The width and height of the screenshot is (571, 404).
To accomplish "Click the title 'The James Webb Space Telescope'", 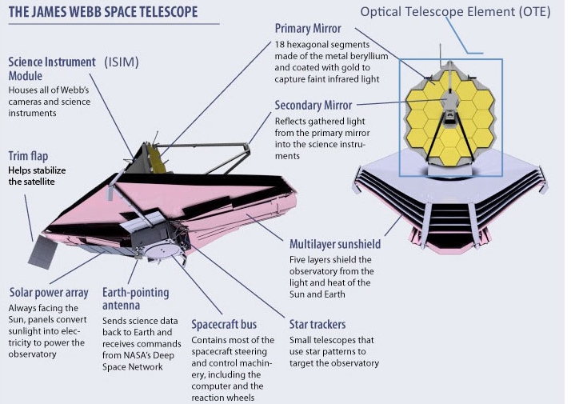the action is pos(103,12).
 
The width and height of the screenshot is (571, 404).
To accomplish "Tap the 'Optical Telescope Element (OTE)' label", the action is pos(455,12).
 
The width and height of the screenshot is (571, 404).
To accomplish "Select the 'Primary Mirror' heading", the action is pos(308,29).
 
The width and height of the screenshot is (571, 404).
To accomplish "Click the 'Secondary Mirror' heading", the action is pos(313,106).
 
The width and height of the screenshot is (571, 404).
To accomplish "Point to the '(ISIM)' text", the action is pos(122,62).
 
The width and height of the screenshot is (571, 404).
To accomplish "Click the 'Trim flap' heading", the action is pos(28,156).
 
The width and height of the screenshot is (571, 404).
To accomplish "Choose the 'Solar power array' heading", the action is pos(49,293).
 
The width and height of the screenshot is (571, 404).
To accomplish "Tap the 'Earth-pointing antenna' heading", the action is pos(135,298).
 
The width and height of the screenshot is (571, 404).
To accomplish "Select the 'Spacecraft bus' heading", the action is pos(224,324).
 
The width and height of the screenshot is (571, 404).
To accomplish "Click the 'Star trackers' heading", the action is pos(317,324).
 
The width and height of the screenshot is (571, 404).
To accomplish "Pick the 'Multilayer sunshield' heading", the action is pos(335,244).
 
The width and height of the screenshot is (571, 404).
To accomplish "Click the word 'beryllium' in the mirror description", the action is pos(369,57).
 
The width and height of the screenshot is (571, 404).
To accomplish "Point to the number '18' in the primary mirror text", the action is pos(279,45).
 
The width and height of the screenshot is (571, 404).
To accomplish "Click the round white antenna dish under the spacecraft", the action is pos(162,251).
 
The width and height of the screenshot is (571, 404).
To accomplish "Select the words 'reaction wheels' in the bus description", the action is pos(223,398).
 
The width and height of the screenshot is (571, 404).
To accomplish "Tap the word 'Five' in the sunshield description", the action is pos(297,260).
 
